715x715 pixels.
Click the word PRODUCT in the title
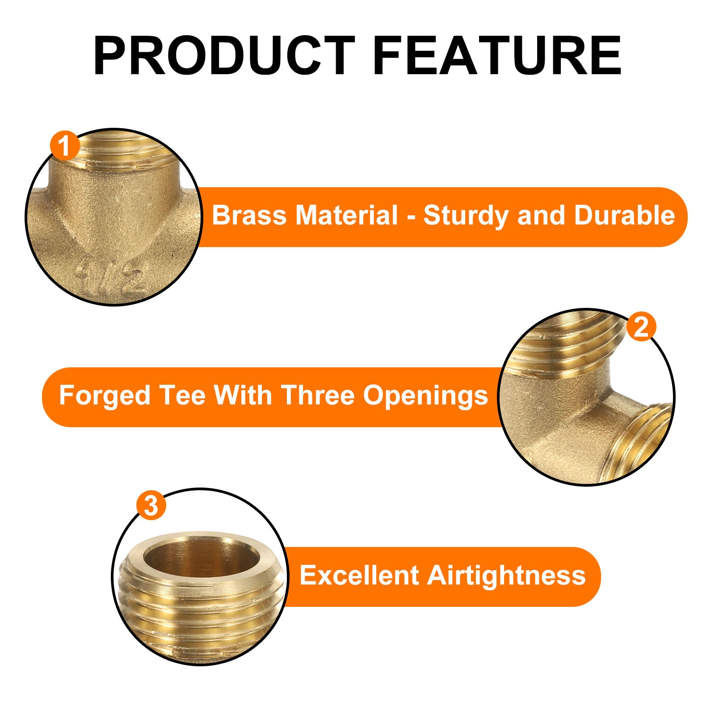click(224, 55)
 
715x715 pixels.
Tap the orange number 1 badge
click(65, 146)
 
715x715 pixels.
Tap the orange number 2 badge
click(641, 327)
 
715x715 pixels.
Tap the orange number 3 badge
click(151, 506)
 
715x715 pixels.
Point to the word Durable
click(624, 215)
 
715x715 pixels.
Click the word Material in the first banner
click(346, 215)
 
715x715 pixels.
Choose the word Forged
click(104, 396)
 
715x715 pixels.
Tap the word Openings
click(425, 396)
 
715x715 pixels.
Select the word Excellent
click(359, 575)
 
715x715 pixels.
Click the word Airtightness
click(506, 576)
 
